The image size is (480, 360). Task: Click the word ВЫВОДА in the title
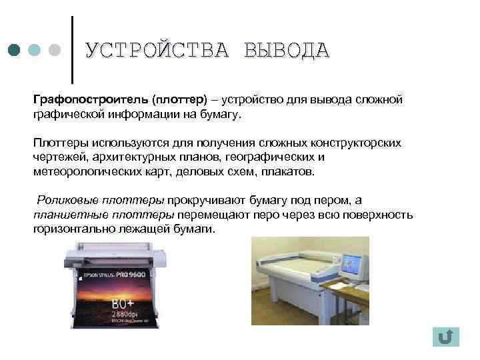point(286,51)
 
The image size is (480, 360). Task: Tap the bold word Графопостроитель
point(90,99)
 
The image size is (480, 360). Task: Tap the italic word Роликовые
point(67,200)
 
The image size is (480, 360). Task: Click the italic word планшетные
point(66,215)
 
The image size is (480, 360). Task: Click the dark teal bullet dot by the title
point(15,51)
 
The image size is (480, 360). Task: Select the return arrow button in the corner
point(445,337)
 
